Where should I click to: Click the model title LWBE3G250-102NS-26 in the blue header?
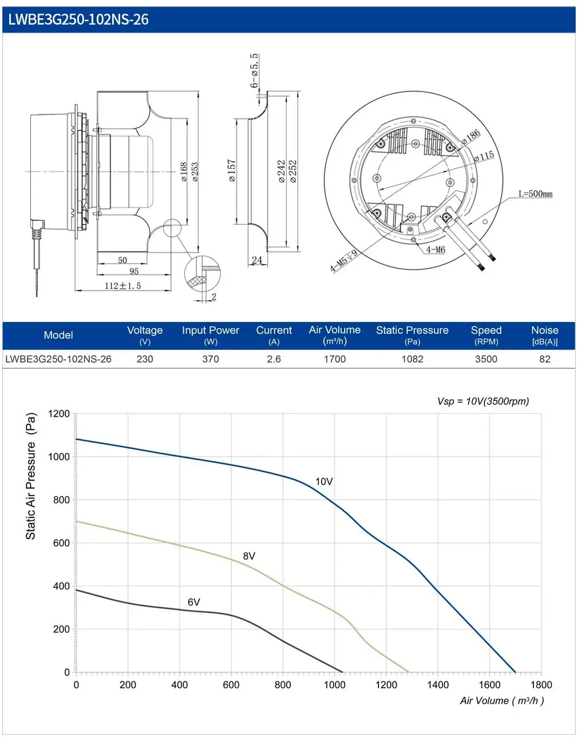(78, 19)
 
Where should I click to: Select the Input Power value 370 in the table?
(210, 359)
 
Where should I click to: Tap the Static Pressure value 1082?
(412, 359)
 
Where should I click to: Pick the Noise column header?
(544, 335)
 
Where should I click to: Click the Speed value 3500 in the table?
(486, 359)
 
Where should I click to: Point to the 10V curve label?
(324, 481)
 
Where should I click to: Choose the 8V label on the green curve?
(249, 556)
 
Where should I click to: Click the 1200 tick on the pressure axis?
(58, 413)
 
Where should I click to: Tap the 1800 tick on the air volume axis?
(541, 684)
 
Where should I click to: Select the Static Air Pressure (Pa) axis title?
(30, 476)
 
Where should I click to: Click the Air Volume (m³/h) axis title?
(502, 700)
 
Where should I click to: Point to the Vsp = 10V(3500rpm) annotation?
(483, 401)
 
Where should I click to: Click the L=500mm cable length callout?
(536, 194)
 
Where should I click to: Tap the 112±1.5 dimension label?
(122, 285)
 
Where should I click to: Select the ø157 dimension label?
(232, 170)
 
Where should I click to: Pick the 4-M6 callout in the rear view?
(436, 250)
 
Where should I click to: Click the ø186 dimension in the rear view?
(470, 137)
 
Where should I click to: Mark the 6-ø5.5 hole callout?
(254, 71)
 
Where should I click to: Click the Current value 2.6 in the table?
(274, 359)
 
